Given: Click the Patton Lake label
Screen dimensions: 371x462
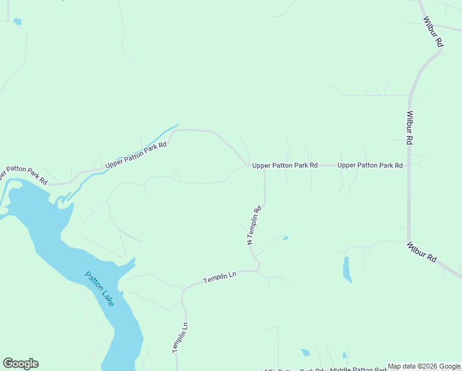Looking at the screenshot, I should tap(99, 289).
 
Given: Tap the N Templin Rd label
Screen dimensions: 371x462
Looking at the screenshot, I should tap(254, 225).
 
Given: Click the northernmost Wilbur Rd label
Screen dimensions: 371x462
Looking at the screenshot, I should tap(433, 32).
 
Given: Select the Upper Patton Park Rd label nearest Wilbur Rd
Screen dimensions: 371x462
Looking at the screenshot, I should tap(370, 165).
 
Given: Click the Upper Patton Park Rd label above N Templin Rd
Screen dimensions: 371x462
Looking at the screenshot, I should tap(285, 165).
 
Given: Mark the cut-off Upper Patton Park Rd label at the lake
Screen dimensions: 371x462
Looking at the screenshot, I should tap(23, 174).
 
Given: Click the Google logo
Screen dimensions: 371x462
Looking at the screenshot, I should tap(20, 364).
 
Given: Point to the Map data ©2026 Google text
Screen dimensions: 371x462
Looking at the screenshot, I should tap(424, 367).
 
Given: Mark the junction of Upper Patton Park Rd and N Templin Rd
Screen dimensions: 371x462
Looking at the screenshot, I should tap(265, 166).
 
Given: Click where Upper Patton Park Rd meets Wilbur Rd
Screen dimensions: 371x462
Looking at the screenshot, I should tap(409, 165).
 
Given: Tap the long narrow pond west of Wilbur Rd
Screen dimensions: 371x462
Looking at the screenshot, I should tap(347, 269).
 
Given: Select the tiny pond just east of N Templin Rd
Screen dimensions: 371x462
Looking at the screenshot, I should tap(285, 237).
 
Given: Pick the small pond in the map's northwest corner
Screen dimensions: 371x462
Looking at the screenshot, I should tap(17, 22).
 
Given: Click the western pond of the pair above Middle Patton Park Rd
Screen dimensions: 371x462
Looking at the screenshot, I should tap(305, 352).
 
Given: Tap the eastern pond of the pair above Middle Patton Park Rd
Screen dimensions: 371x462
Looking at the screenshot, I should tap(344, 356).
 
